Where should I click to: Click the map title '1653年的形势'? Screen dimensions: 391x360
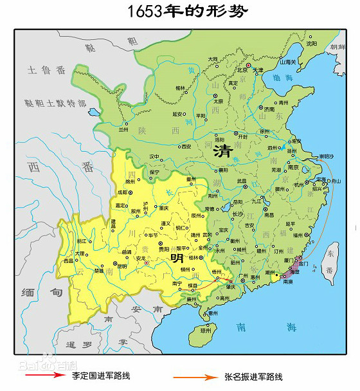coord(179,12)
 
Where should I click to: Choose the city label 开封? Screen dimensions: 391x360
coord(242,136)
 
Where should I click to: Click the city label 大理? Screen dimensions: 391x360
coord(78,253)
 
